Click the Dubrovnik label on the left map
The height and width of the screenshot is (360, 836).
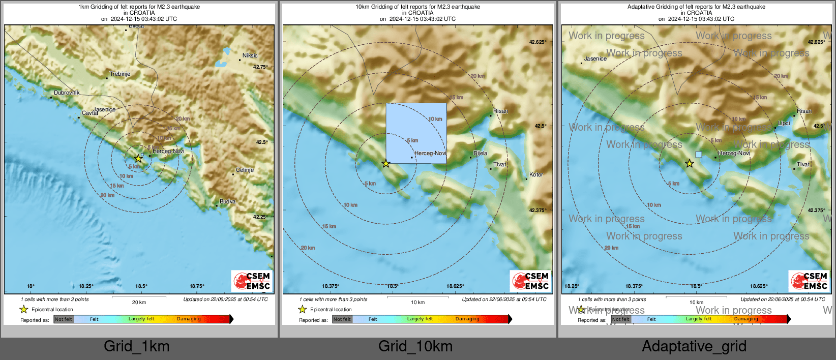[x=67, y=93]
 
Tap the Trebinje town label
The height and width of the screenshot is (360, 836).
[x=120, y=74]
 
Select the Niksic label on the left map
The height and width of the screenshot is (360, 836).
[x=250, y=55]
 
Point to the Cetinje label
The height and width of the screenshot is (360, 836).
[x=245, y=170]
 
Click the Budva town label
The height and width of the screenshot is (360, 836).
[x=227, y=201]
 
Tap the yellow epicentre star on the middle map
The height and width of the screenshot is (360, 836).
[x=386, y=164]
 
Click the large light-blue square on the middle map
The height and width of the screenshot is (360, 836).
[x=416, y=133]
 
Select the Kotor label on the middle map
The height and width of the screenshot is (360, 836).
[x=536, y=174]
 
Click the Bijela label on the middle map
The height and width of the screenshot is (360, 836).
[x=480, y=153]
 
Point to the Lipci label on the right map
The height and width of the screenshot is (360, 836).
[x=784, y=123]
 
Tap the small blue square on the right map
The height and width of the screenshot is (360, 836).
[x=698, y=155]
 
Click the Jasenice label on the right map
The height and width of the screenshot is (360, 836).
[x=595, y=58]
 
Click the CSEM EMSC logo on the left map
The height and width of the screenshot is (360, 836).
[x=252, y=281]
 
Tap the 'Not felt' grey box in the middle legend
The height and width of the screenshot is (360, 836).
[x=342, y=319]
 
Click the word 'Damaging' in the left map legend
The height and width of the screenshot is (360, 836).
[x=189, y=319]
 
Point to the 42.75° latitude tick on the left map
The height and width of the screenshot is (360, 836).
[x=260, y=67]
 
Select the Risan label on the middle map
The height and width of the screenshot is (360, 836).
[x=500, y=111]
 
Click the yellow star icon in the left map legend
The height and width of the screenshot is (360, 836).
[x=23, y=309]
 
